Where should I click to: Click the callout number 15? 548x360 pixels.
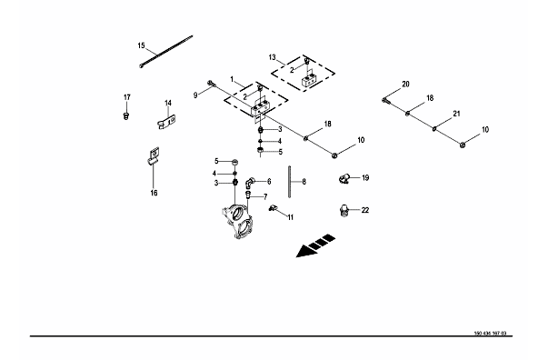(x=141, y=45)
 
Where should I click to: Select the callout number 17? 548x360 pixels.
(x=127, y=97)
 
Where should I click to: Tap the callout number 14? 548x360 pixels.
(x=168, y=103)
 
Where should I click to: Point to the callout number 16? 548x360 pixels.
(x=154, y=193)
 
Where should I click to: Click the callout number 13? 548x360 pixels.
(x=273, y=57)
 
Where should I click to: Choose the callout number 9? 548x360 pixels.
(x=195, y=95)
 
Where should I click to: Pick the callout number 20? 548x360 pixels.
(x=405, y=84)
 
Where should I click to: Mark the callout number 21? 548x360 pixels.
(x=456, y=114)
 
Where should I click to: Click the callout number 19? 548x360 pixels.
(x=365, y=178)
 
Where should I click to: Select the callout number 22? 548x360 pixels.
(x=364, y=210)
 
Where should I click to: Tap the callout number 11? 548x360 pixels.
(x=291, y=217)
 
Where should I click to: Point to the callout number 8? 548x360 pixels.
(x=304, y=182)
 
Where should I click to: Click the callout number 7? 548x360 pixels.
(x=265, y=197)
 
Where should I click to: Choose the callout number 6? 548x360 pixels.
(x=269, y=182)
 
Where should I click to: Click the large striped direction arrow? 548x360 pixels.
(x=315, y=245)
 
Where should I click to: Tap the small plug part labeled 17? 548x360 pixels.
(x=126, y=115)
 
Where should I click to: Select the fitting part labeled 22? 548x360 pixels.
(x=344, y=211)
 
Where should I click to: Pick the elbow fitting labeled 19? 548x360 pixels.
(x=344, y=178)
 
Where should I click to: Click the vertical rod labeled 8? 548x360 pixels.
(x=290, y=182)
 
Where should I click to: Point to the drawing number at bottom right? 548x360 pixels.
(x=490, y=334)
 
